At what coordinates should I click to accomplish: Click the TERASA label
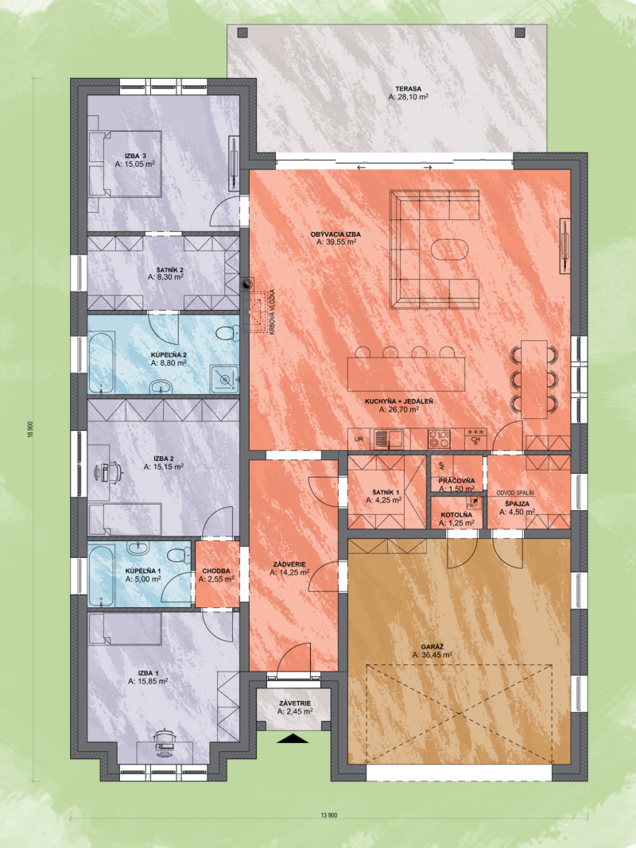[x=409, y=89]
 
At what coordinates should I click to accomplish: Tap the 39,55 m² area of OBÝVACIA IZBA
[x=335, y=243]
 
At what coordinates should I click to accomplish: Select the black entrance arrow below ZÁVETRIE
[x=293, y=738]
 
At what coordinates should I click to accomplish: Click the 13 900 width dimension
[x=329, y=815]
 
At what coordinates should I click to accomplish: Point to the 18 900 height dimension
[x=31, y=430]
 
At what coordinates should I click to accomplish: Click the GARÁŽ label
[x=432, y=646]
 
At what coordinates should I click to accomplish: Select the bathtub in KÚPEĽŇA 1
[x=101, y=575]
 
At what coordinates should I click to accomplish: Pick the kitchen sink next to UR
[x=388, y=438]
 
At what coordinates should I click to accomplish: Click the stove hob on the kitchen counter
[x=439, y=439]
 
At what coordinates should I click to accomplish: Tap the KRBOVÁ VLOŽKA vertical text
[x=273, y=312]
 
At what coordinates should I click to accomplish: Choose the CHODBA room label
[x=216, y=571]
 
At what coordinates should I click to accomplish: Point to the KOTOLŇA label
[x=456, y=515]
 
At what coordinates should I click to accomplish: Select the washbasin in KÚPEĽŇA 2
[x=161, y=386]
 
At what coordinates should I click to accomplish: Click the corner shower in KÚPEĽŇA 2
[x=224, y=379]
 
